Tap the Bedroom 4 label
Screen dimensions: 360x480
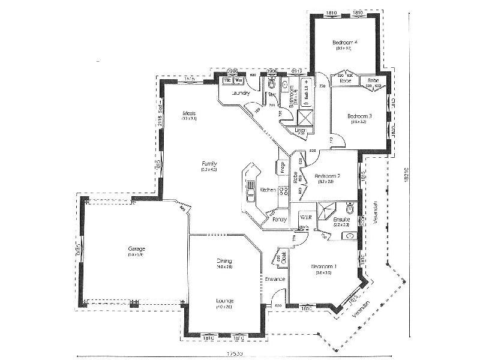click(x=345, y=43)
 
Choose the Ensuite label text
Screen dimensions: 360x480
click(x=342, y=220)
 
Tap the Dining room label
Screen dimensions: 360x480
click(x=224, y=261)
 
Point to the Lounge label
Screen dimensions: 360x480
click(x=225, y=300)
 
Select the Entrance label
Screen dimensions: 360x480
click(x=274, y=279)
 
